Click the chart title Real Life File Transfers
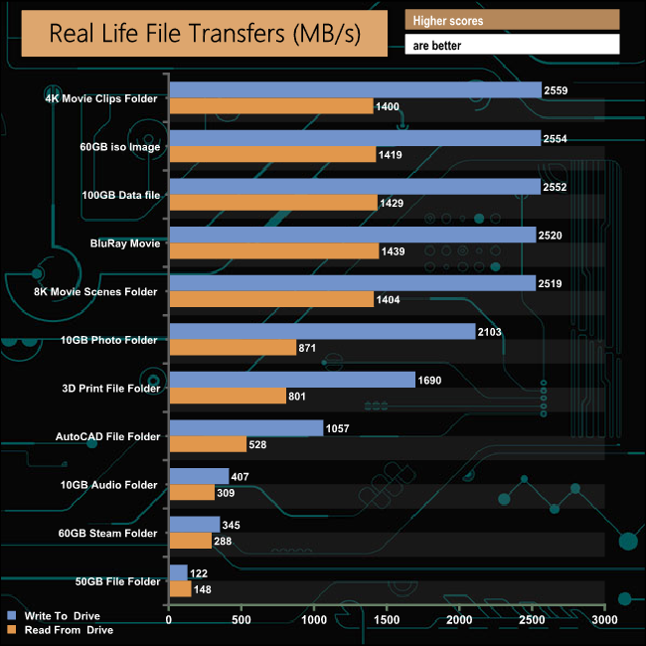coord(205,35)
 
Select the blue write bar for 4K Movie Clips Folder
coord(355,90)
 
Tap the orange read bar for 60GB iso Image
coord(272,154)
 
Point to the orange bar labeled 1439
coord(274,250)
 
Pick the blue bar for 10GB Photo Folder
coord(322,332)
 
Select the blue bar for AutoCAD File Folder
coord(246,428)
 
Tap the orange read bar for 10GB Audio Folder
coord(192,492)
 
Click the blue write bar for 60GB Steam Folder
coord(195,524)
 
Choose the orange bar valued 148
coord(180,588)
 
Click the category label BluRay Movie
coord(124,242)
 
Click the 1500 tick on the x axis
coord(387,621)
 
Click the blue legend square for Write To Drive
coord(11,615)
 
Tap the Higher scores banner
coord(512,20)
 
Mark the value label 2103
coord(491,331)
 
